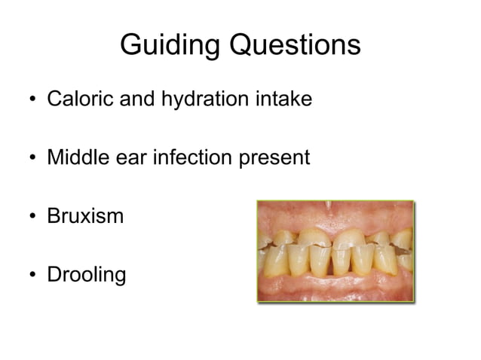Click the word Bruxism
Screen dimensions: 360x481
(84, 217)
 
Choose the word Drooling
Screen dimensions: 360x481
(87, 276)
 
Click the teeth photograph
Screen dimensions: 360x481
(335, 251)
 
